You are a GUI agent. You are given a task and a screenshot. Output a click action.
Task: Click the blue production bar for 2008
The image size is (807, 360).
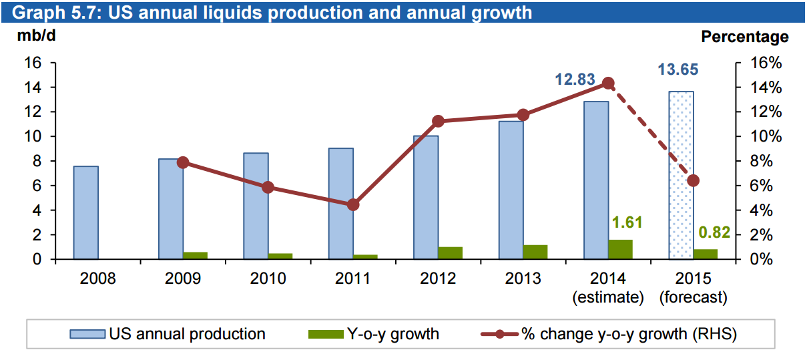click(85, 212)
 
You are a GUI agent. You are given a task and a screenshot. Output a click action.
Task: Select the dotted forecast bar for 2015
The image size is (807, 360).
click(681, 175)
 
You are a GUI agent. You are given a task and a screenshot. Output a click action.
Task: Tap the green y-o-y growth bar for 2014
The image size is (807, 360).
click(620, 249)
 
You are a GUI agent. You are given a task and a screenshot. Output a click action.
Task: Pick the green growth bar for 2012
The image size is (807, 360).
click(450, 252)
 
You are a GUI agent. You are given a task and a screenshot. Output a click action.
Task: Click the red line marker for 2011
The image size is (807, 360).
click(354, 204)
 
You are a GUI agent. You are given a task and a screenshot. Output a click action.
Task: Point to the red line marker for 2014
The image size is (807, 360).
click(608, 83)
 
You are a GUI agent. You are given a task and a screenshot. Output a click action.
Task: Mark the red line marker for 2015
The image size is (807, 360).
click(694, 180)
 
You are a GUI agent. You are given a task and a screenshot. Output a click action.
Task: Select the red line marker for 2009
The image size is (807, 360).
click(183, 162)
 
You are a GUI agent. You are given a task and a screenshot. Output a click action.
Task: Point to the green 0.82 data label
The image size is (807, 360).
click(714, 233)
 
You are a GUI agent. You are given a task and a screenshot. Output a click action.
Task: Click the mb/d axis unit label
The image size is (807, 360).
click(36, 36)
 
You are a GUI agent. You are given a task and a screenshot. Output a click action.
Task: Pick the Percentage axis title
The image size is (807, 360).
click(744, 37)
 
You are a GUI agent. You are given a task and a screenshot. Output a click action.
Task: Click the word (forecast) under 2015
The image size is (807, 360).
click(693, 297)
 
